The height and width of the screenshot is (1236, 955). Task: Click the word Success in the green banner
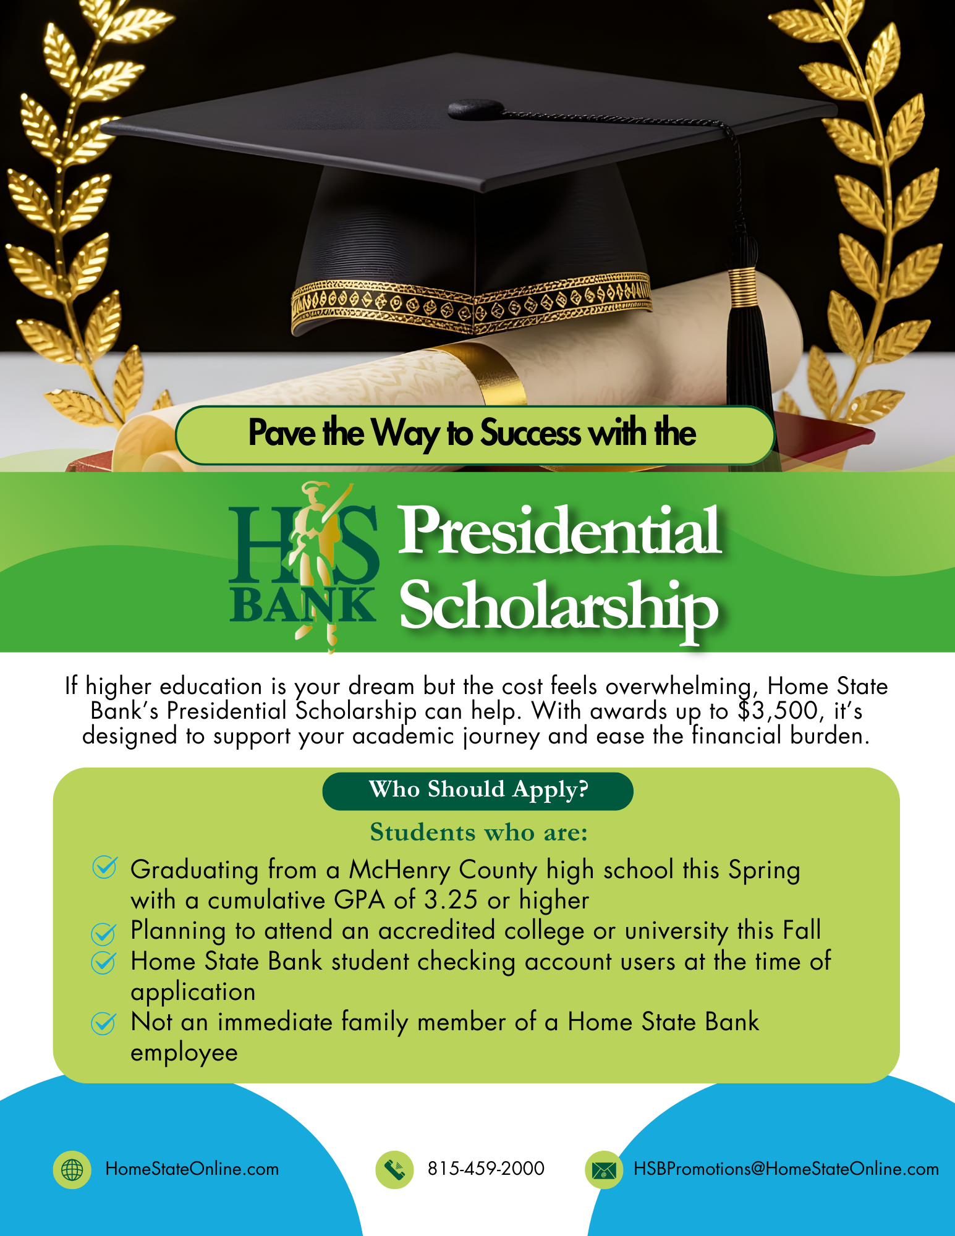tap(530, 433)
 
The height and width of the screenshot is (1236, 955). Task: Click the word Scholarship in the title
tap(559, 606)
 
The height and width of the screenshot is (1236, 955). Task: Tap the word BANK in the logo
tap(302, 606)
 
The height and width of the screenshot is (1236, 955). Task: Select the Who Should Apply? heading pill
tap(478, 790)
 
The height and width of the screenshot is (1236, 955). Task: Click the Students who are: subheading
tap(478, 832)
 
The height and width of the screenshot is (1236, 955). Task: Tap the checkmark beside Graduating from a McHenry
tap(104, 867)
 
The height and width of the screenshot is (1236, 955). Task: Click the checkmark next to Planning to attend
tap(103, 933)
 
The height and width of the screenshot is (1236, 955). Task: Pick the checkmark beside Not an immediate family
tap(103, 1023)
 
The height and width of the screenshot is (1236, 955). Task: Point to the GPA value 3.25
tap(451, 900)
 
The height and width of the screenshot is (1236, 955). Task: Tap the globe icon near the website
tap(72, 1169)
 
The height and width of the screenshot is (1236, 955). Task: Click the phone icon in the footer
tap(394, 1169)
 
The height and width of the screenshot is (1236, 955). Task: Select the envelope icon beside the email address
tap(604, 1169)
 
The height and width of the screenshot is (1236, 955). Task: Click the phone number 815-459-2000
tap(486, 1169)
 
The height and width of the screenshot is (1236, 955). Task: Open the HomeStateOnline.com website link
tap(192, 1169)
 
